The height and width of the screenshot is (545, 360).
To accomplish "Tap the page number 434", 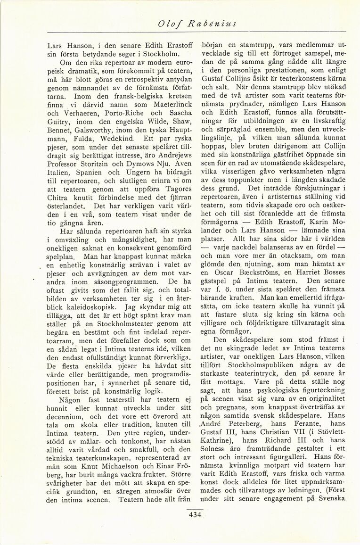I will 195,514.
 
